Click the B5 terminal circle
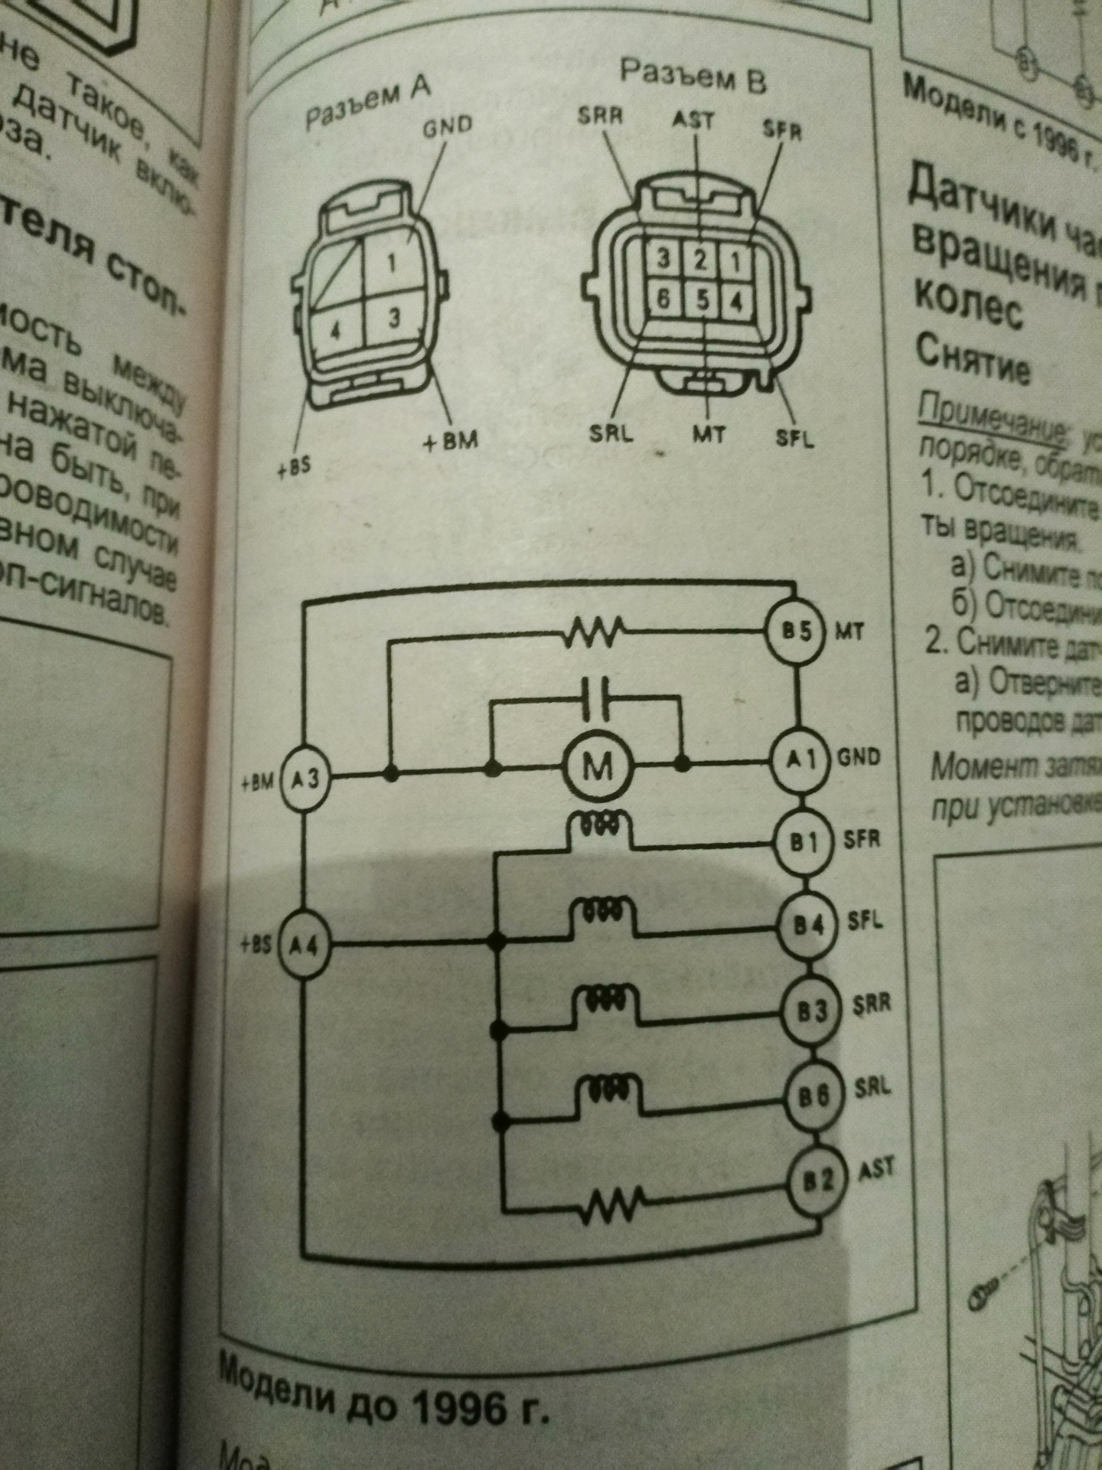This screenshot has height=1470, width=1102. [796, 632]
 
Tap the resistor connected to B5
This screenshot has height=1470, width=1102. [595, 633]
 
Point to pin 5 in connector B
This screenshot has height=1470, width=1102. [702, 300]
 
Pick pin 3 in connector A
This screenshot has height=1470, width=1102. [394, 316]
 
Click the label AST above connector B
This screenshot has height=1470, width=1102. [693, 120]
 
